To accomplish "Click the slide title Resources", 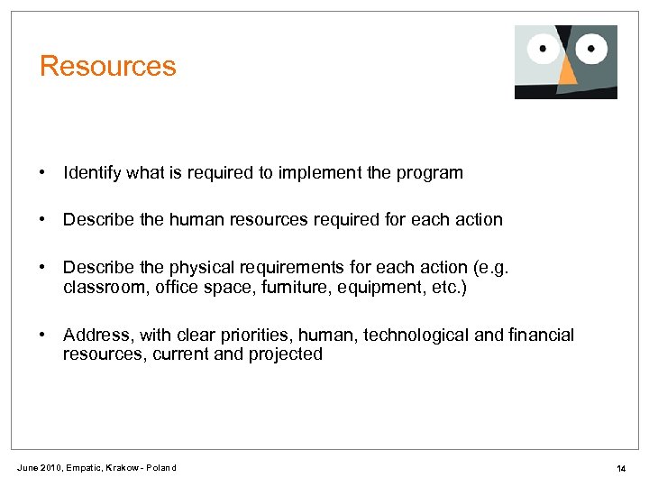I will coord(108,67).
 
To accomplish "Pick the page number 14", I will coord(621,468).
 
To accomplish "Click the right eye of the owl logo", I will coord(591,45).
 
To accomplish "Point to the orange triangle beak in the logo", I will coord(567,74).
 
